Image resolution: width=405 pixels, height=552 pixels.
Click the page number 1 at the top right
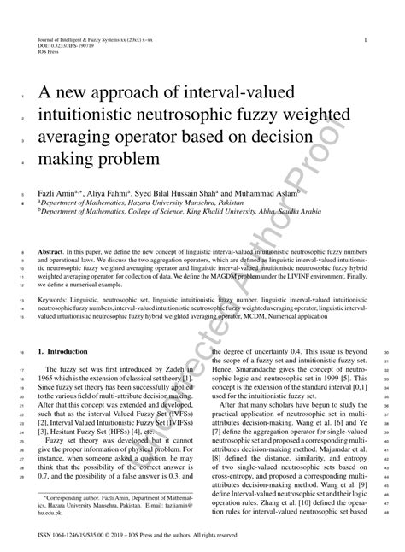tap(366, 39)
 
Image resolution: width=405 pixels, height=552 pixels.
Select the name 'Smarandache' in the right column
tap(256, 377)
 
